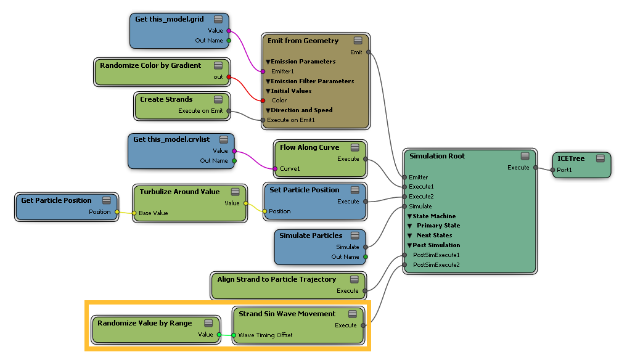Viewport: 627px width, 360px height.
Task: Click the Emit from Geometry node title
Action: (303, 41)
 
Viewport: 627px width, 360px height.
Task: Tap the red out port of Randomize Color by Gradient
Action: (229, 77)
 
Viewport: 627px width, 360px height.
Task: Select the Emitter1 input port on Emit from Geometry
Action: (263, 72)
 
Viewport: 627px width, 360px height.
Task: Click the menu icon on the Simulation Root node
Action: (525, 156)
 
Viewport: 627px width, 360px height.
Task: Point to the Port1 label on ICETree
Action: (564, 170)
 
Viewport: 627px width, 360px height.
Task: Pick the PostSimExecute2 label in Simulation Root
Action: (436, 265)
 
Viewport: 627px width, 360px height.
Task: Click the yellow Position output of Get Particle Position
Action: (117, 212)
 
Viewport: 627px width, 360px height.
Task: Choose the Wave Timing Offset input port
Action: (234, 335)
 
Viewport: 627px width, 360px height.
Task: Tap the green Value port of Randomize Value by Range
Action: (219, 334)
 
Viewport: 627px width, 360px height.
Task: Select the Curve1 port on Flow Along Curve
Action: (275, 169)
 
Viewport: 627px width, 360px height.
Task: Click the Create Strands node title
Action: (166, 99)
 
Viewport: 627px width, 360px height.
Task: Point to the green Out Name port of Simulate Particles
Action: (366, 257)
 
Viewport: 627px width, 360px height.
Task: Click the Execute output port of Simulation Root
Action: (536, 168)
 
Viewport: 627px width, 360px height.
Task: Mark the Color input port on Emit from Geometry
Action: (263, 100)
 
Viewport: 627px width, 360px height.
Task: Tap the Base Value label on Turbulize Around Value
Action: (153, 213)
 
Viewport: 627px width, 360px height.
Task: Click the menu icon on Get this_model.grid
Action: (218, 19)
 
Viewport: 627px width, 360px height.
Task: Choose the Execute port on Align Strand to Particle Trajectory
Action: (365, 291)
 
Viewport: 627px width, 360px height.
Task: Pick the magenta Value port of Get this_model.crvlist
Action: (234, 151)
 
